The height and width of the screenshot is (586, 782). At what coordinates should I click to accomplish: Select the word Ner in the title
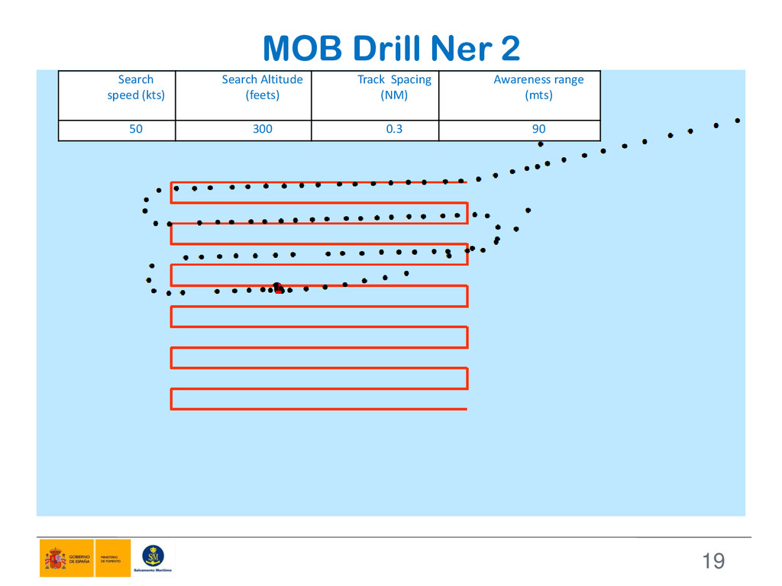pyautogui.click(x=459, y=50)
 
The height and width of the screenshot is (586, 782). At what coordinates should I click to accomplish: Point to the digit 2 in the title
pyautogui.click(x=509, y=50)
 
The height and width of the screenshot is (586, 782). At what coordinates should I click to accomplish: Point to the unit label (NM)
pyautogui.click(x=394, y=95)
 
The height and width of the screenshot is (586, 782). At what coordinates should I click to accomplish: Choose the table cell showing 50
pyautogui.click(x=135, y=130)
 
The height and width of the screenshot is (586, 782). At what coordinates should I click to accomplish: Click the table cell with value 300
pyautogui.click(x=262, y=130)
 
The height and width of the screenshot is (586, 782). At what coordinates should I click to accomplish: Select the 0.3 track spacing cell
pyautogui.click(x=394, y=130)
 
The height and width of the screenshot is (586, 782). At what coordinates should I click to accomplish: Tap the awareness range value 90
pyautogui.click(x=538, y=130)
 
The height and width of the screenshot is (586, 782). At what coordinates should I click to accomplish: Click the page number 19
pyautogui.click(x=713, y=562)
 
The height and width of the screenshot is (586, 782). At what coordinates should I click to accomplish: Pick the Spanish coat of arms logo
pyautogui.click(x=54, y=559)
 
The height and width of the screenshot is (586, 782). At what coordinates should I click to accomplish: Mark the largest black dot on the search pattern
pyautogui.click(x=277, y=288)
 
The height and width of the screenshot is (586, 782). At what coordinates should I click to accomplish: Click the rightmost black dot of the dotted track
pyautogui.click(x=738, y=121)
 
